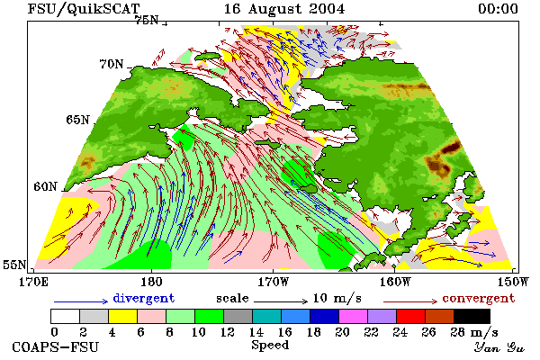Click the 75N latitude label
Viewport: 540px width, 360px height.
pyautogui.click(x=147, y=21)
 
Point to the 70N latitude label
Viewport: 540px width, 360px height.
pyautogui.click(x=112, y=64)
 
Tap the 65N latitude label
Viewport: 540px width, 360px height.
pyautogui.click(x=77, y=120)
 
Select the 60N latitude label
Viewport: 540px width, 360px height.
pyautogui.click(x=45, y=186)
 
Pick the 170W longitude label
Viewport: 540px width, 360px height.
pyautogui.click(x=274, y=282)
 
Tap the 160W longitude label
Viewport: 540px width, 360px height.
pyautogui.click(x=395, y=282)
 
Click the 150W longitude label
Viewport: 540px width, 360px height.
pyautogui.click(x=513, y=282)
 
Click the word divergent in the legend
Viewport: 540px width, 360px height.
pyautogui.click(x=144, y=298)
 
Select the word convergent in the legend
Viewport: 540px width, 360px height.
pyautogui.click(x=479, y=298)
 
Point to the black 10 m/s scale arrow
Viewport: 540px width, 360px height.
pyautogui.click(x=281, y=301)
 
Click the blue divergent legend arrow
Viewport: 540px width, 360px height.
pyautogui.click(x=81, y=301)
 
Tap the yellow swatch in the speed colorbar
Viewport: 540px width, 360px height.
pyautogui.click(x=123, y=316)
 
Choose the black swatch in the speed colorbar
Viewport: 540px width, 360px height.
pyautogui.click(x=472, y=316)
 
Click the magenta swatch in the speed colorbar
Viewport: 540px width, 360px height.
pyautogui.click(x=354, y=316)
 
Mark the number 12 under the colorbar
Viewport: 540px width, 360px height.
pyautogui.click(x=228, y=332)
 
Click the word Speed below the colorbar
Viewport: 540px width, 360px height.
pyautogui.click(x=270, y=346)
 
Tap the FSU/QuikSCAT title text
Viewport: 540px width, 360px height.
pyautogui.click(x=84, y=9)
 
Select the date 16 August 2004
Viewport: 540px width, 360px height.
pyautogui.click(x=284, y=9)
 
